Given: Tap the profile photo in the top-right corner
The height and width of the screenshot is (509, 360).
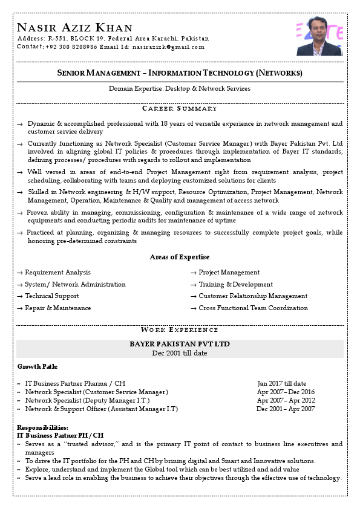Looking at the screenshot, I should click(319, 36).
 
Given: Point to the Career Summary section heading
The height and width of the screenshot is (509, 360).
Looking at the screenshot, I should click(179, 108).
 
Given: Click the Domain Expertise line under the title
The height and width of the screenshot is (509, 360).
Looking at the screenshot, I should click(179, 88).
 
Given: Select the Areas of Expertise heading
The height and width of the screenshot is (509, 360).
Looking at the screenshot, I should click(179, 257).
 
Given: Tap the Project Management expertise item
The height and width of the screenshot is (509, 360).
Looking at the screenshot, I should click(229, 273).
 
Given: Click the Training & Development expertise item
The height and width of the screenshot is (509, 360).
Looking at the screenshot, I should click(235, 285).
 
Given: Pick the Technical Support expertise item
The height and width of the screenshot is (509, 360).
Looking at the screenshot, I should click(51, 296).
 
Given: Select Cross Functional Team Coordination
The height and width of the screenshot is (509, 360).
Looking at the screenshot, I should click(253, 308).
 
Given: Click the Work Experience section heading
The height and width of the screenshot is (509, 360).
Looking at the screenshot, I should click(179, 329).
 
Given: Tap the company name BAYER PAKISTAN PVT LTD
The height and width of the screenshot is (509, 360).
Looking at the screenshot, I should click(180, 344).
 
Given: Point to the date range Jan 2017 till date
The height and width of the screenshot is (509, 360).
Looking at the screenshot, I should click(281, 383).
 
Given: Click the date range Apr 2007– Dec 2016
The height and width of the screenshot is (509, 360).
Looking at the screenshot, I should click(286, 392).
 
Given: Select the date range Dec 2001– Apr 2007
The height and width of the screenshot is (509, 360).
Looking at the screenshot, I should click(286, 409).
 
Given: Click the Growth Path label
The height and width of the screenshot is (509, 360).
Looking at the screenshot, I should click(38, 366).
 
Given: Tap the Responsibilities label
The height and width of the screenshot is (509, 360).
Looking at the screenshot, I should click(42, 428).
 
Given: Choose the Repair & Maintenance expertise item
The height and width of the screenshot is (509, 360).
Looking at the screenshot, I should click(57, 308).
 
